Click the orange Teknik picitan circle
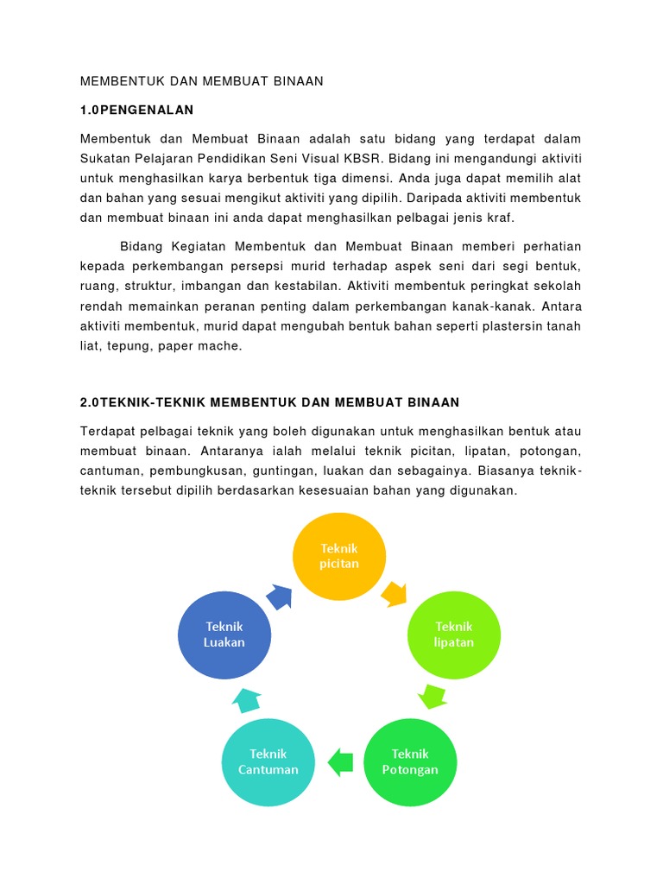tap(339, 557)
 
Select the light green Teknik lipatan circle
tap(454, 635)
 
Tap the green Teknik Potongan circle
tap(410, 761)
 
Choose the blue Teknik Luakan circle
tap(224, 635)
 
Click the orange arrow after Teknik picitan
tap(395, 593)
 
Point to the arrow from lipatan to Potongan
tap(432, 695)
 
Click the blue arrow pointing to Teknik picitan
tap(280, 596)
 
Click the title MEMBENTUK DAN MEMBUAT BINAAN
tap(201, 81)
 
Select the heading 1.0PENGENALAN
tap(137, 110)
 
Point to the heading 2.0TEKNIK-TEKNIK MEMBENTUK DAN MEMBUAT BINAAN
tap(269, 402)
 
